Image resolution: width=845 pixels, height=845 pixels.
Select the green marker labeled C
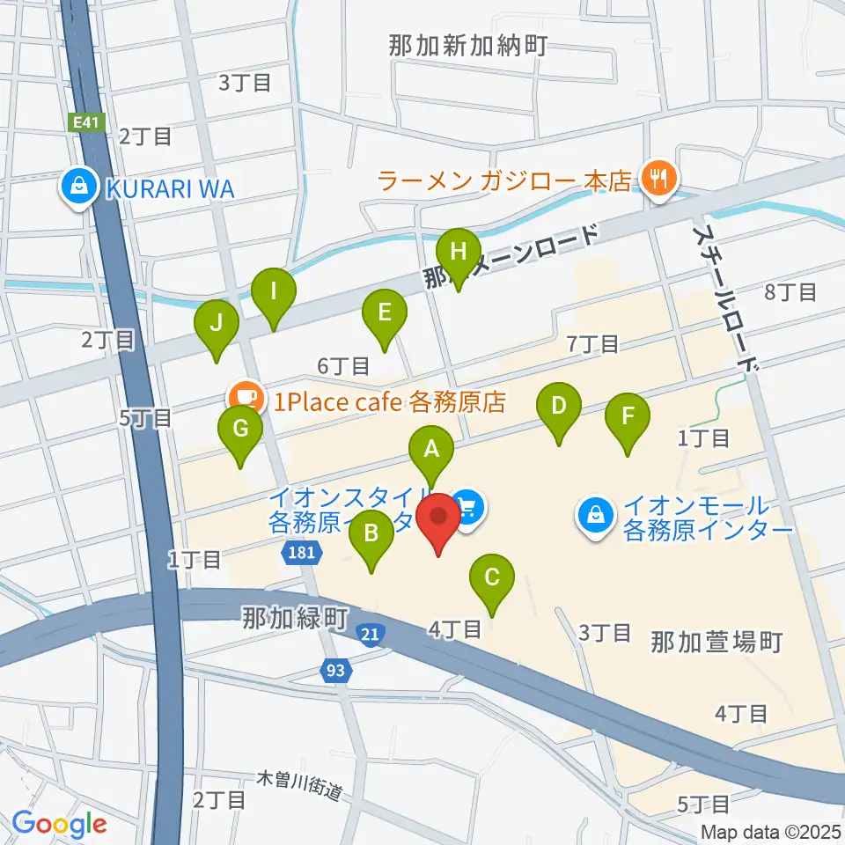click(x=492, y=578)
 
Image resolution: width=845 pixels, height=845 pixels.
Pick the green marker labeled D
click(x=558, y=407)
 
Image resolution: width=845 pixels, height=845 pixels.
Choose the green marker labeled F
click(x=627, y=416)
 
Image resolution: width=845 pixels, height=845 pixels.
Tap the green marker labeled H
click(x=458, y=252)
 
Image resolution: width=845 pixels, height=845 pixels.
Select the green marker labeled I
click(x=274, y=290)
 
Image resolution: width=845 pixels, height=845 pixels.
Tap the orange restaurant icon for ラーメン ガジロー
click(x=656, y=180)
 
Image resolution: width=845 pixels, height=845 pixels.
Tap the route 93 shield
click(x=335, y=671)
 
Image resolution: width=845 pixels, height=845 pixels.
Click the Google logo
click(x=59, y=824)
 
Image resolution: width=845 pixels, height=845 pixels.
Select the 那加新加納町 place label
click(x=469, y=46)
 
